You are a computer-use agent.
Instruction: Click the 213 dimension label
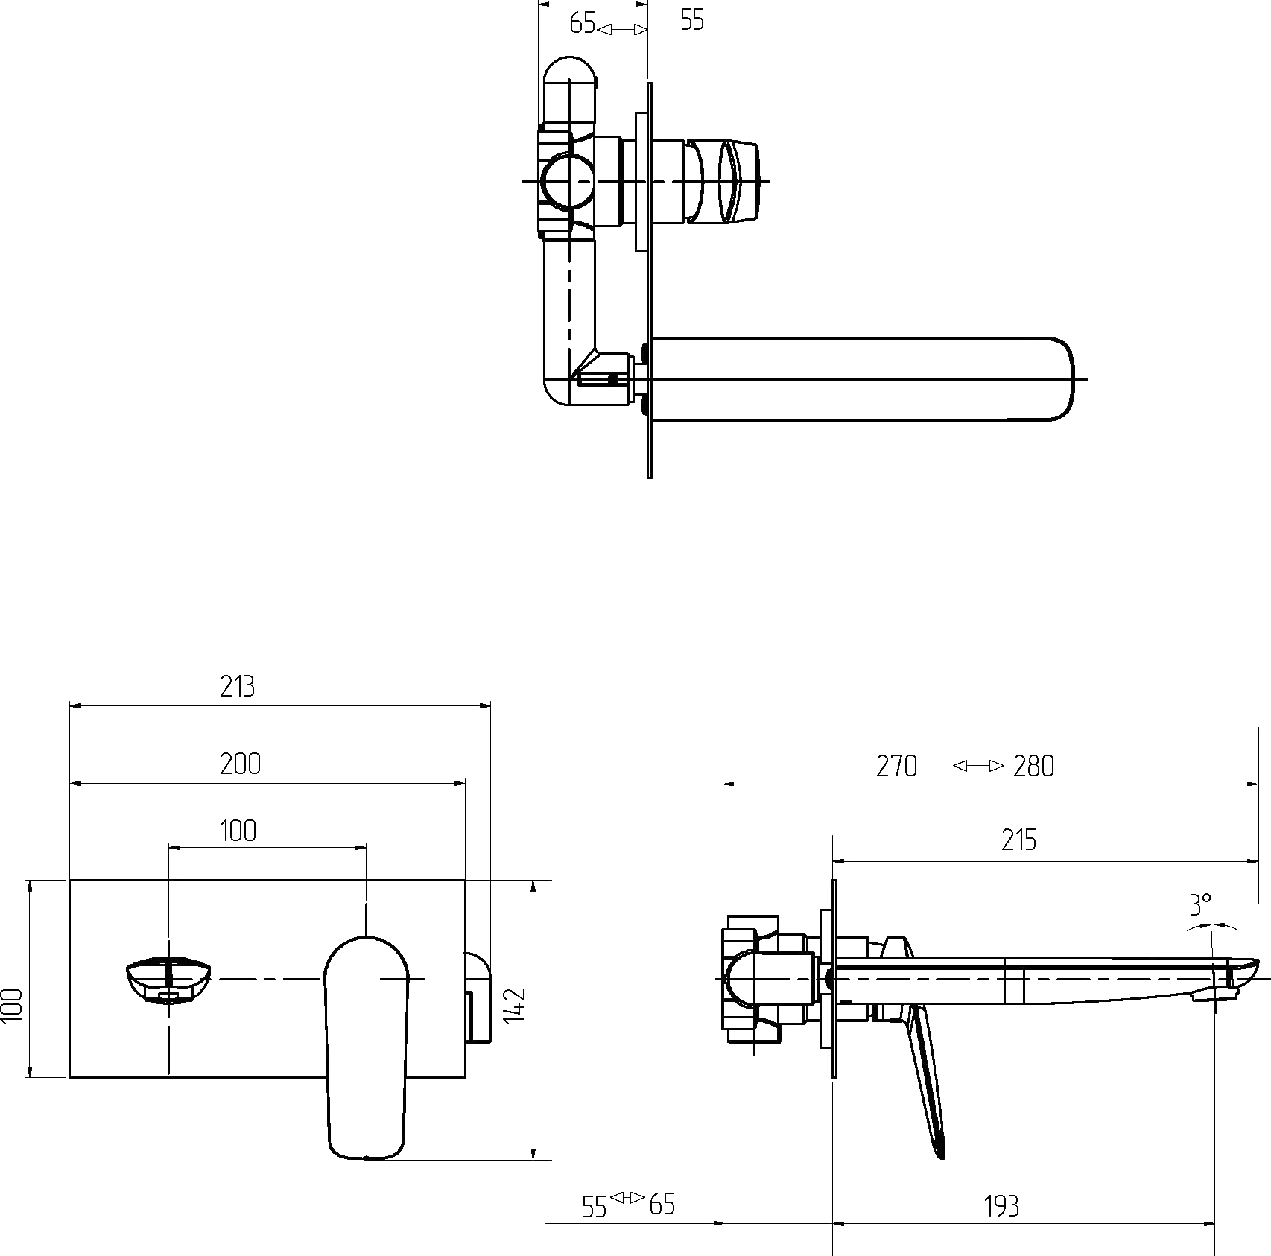click(x=237, y=686)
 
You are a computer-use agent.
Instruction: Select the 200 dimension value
click(x=240, y=764)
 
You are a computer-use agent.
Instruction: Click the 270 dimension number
click(x=896, y=767)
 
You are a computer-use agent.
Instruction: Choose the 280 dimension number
click(x=1034, y=767)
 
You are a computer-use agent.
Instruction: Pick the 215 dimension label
click(x=1018, y=840)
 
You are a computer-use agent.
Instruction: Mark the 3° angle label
click(x=1200, y=905)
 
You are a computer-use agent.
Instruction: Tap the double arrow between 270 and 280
click(x=979, y=766)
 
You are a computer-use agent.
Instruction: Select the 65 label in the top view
click(x=582, y=24)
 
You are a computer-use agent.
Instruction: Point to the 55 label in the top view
click(x=692, y=21)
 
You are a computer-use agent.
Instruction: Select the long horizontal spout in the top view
click(x=863, y=379)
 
